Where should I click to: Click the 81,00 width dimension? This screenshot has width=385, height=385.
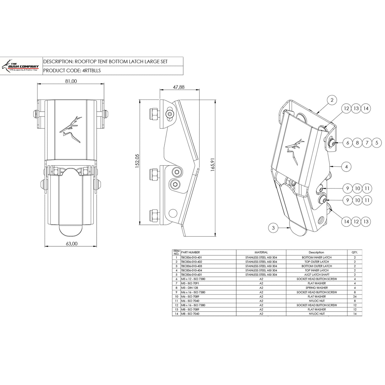coord(71,81)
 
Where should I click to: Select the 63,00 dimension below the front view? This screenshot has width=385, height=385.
coord(71,244)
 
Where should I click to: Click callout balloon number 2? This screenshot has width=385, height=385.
coord(332,101)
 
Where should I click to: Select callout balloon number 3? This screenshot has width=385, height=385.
coord(273,227)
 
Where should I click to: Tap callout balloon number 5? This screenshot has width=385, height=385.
coord(376,143)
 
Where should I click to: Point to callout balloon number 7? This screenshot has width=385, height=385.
coord(367,143)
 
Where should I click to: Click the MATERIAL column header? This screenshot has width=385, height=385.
coord(261,252)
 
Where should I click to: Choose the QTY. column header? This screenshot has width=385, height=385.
coord(355,252)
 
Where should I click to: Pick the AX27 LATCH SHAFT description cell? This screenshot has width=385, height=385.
coord(317,275)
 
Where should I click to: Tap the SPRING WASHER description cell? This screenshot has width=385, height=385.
coord(317,288)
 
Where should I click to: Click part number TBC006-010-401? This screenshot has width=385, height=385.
coord(192,258)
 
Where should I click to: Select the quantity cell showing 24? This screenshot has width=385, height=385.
coord(355,297)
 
